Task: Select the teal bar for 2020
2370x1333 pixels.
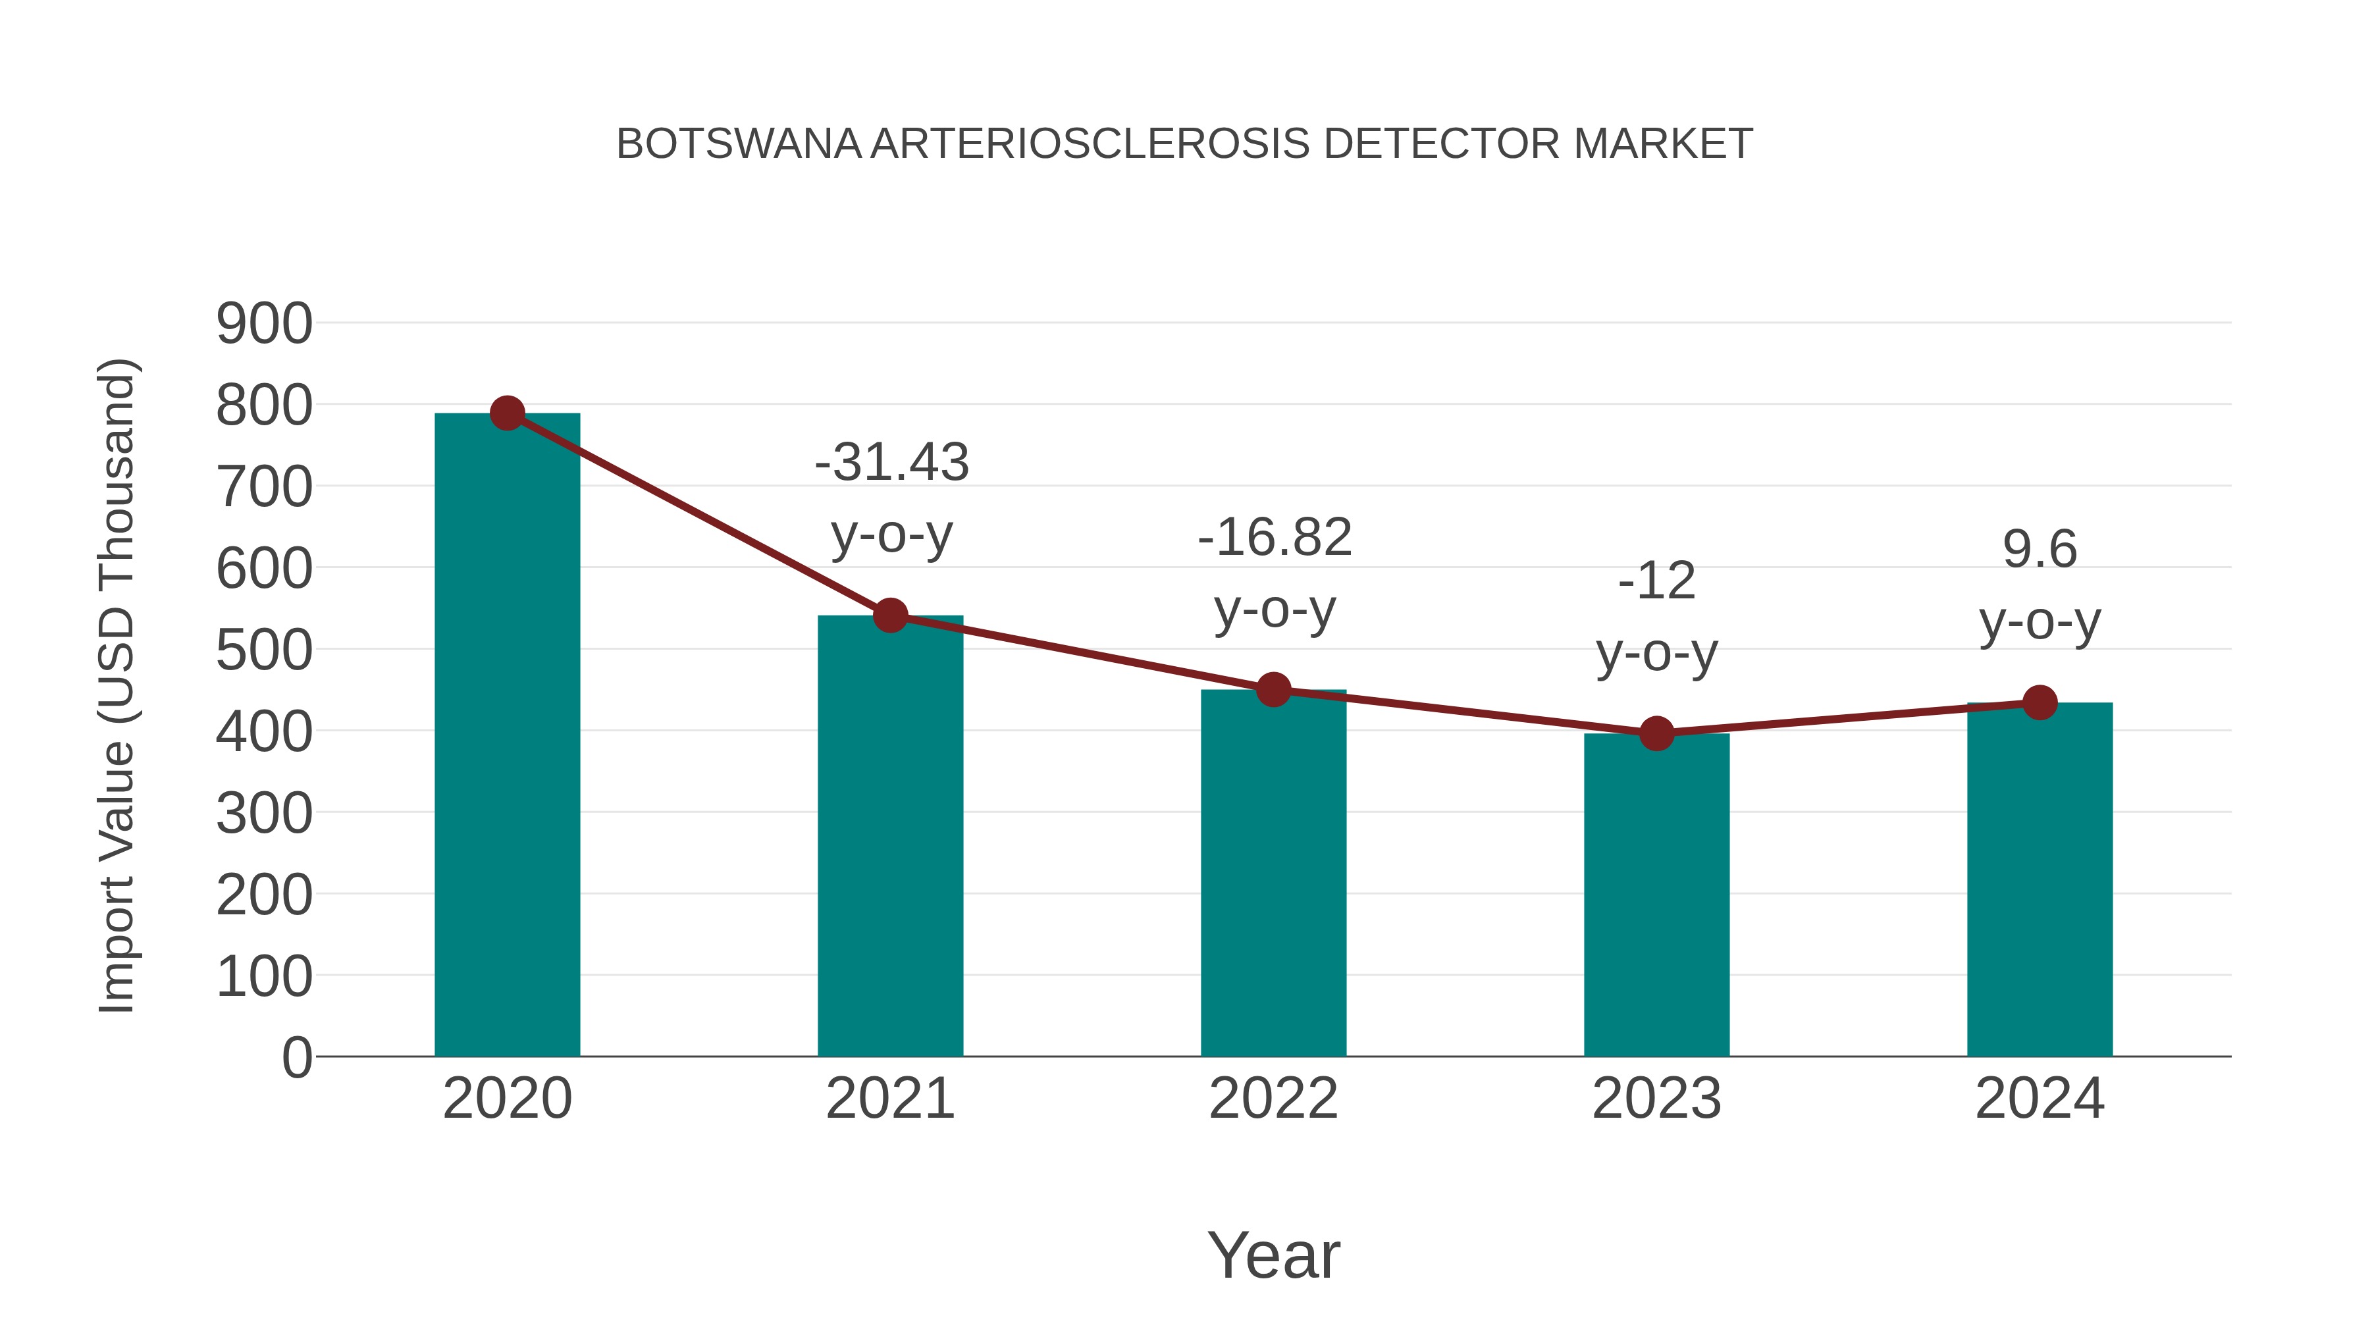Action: click(507, 736)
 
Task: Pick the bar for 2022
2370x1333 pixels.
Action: click(1273, 874)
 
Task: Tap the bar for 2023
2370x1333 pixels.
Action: click(1656, 897)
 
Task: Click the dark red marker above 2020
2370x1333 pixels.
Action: click(507, 413)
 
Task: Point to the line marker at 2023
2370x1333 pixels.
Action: click(1656, 733)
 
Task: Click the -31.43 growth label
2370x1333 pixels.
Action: click(891, 462)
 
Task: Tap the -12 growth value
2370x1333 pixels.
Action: click(1656, 581)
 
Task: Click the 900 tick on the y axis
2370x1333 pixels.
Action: click(264, 324)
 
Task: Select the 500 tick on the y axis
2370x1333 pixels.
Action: click(264, 650)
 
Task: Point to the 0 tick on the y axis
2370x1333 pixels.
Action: click(296, 1058)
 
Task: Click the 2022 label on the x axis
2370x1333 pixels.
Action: click(1273, 1099)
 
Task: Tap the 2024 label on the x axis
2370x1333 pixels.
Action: click(2040, 1099)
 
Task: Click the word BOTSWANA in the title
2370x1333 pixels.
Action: click(738, 144)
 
